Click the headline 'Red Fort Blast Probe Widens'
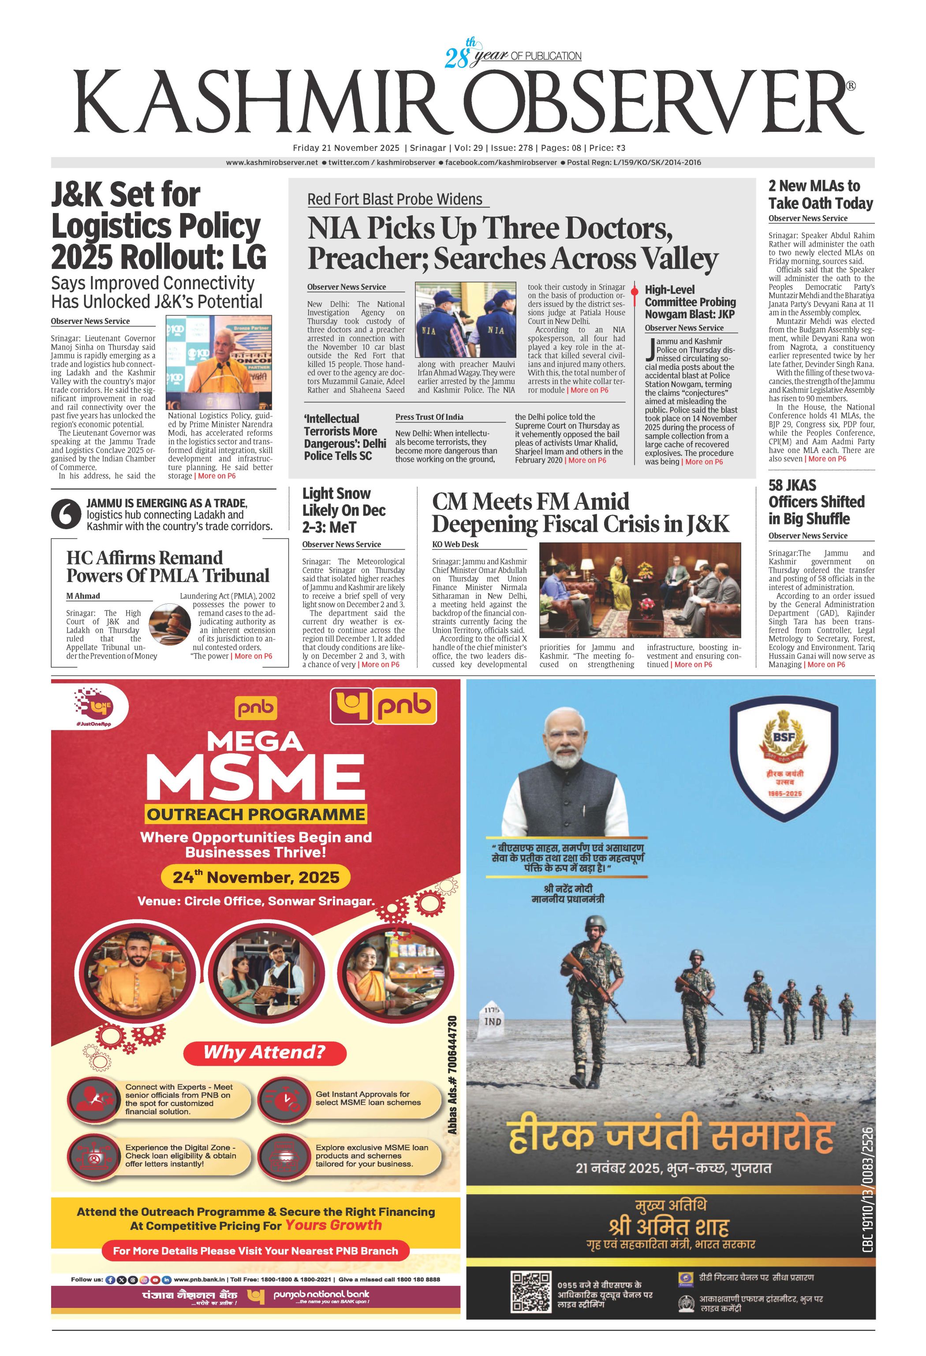point(395,200)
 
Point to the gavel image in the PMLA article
point(169,624)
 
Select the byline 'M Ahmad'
point(83,596)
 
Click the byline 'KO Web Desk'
point(455,544)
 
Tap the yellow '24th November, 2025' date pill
point(256,877)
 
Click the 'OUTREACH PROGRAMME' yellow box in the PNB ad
point(256,814)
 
